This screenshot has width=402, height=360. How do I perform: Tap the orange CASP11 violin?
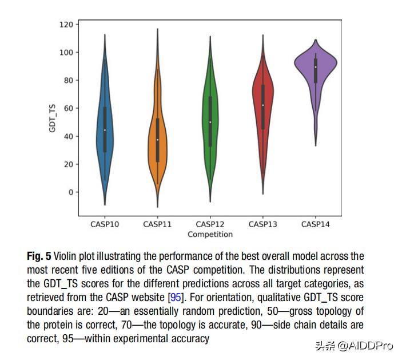(x=158, y=137)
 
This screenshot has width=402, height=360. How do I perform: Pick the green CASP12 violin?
(x=211, y=120)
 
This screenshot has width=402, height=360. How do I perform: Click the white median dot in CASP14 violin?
(x=316, y=67)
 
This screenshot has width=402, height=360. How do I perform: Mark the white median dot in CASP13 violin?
(x=263, y=105)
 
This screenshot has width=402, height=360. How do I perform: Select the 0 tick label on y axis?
(x=70, y=192)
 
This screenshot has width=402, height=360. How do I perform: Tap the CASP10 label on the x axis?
(x=105, y=224)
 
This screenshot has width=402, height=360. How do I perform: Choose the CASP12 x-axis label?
(x=210, y=224)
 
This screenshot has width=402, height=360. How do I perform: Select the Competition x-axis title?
(x=210, y=234)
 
